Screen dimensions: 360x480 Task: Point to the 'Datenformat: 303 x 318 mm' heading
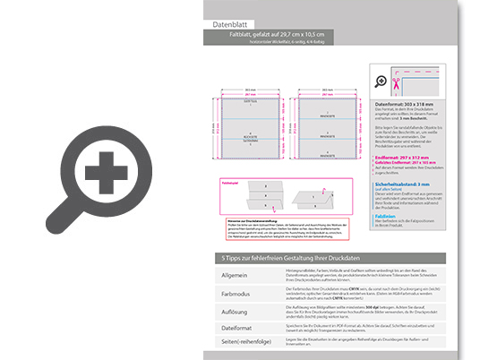tap(411, 105)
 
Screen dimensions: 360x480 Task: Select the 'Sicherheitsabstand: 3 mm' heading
tap(409, 183)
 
